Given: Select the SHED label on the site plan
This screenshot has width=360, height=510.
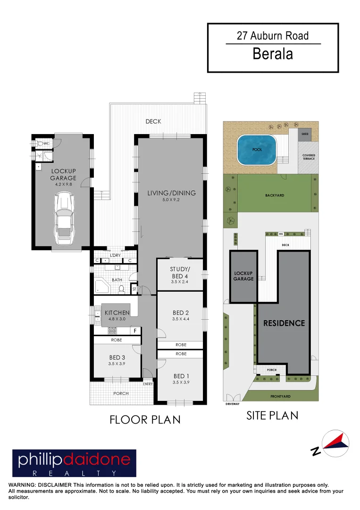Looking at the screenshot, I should click(304, 134).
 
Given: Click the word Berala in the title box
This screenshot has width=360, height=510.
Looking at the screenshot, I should click(273, 54).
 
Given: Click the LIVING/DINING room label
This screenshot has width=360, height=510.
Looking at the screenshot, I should click(171, 193).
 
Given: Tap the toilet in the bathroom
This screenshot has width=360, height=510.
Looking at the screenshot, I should click(121, 288).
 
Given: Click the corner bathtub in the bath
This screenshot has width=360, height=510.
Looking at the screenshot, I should click(102, 287).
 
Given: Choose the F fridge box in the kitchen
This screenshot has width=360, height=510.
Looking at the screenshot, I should click(135, 331).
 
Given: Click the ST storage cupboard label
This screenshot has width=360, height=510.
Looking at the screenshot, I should click(134, 289).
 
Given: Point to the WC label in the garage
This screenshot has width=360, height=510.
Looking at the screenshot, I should click(46, 143).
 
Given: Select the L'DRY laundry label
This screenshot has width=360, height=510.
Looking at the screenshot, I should click(115, 255).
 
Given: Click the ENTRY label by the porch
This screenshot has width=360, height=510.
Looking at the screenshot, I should click(148, 384).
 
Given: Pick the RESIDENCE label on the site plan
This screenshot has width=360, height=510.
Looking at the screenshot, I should click(284, 323).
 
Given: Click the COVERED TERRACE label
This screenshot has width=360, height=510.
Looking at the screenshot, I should click(309, 157).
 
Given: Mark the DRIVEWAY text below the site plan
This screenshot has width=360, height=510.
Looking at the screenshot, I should click(233, 404).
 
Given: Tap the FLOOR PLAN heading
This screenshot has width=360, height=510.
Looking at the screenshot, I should click(145, 419).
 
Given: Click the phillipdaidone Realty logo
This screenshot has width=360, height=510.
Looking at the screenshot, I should click(74, 463).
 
